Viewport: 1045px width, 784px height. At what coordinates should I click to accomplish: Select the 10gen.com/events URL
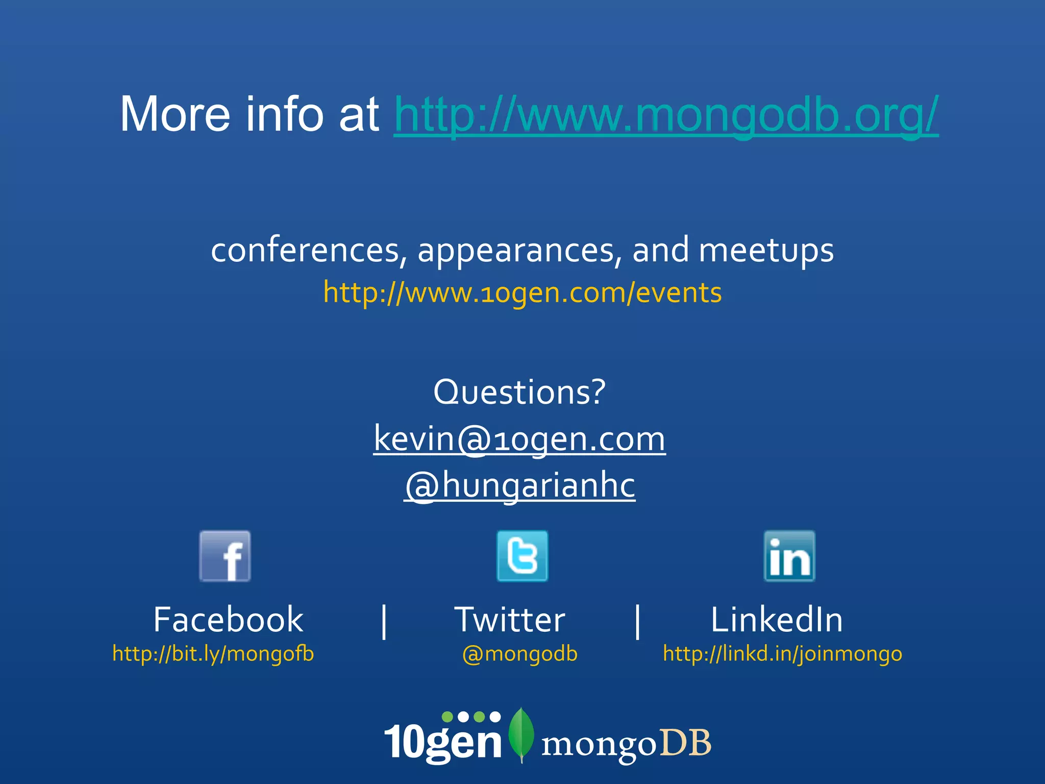click(x=522, y=293)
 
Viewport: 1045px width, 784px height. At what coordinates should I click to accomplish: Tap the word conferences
click(x=305, y=251)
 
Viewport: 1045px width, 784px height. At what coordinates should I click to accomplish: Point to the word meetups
click(x=766, y=251)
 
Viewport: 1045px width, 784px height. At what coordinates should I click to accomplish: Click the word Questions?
click(x=519, y=392)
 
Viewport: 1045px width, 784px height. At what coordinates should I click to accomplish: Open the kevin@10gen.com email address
click(x=519, y=439)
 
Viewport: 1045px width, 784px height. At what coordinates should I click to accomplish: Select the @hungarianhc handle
click(x=519, y=485)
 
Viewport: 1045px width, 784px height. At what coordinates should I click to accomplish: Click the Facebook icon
click(x=225, y=556)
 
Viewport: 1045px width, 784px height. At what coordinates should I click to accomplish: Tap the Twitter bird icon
click(x=522, y=556)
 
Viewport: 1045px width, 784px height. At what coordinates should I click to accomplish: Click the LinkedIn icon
click(x=789, y=556)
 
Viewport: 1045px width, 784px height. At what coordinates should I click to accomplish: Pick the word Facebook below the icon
click(x=228, y=620)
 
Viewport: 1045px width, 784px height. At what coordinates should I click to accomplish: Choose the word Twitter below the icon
click(x=510, y=620)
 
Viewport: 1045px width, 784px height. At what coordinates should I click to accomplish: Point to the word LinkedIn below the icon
click(x=777, y=620)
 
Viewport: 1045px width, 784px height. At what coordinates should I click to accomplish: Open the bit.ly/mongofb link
click(x=213, y=654)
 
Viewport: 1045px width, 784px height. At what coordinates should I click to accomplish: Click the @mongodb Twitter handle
click(x=519, y=654)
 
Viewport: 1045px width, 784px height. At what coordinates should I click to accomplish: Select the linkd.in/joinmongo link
click(x=782, y=654)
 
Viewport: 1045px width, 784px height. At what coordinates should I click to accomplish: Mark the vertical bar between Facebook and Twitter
click(x=384, y=621)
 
